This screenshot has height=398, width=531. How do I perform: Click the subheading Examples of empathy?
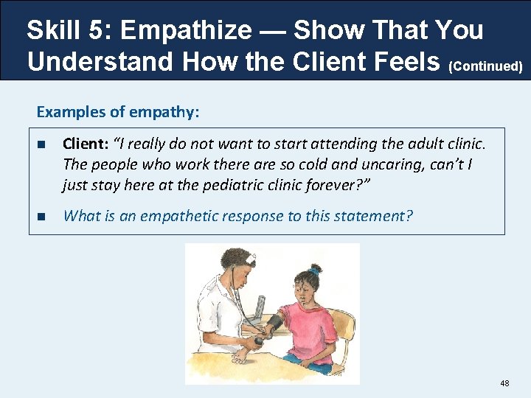click(118, 112)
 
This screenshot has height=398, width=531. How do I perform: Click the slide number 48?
click(504, 383)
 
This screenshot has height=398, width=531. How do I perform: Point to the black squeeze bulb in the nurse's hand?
click(259, 341)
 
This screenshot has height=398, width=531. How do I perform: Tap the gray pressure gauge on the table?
click(260, 304)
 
